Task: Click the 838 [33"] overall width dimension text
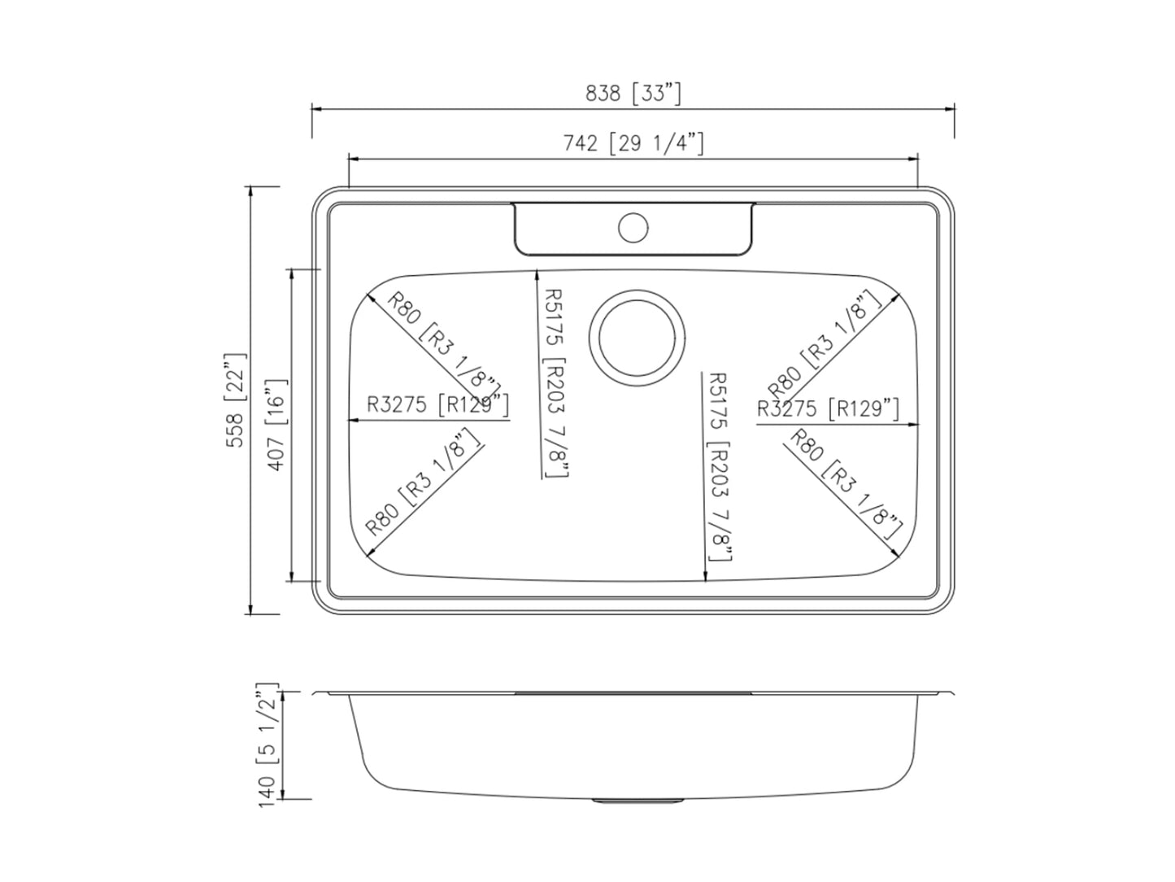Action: point(633,94)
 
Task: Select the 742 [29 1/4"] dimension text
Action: point(633,144)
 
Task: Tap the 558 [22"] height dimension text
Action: point(236,400)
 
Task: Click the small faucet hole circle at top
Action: point(633,227)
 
